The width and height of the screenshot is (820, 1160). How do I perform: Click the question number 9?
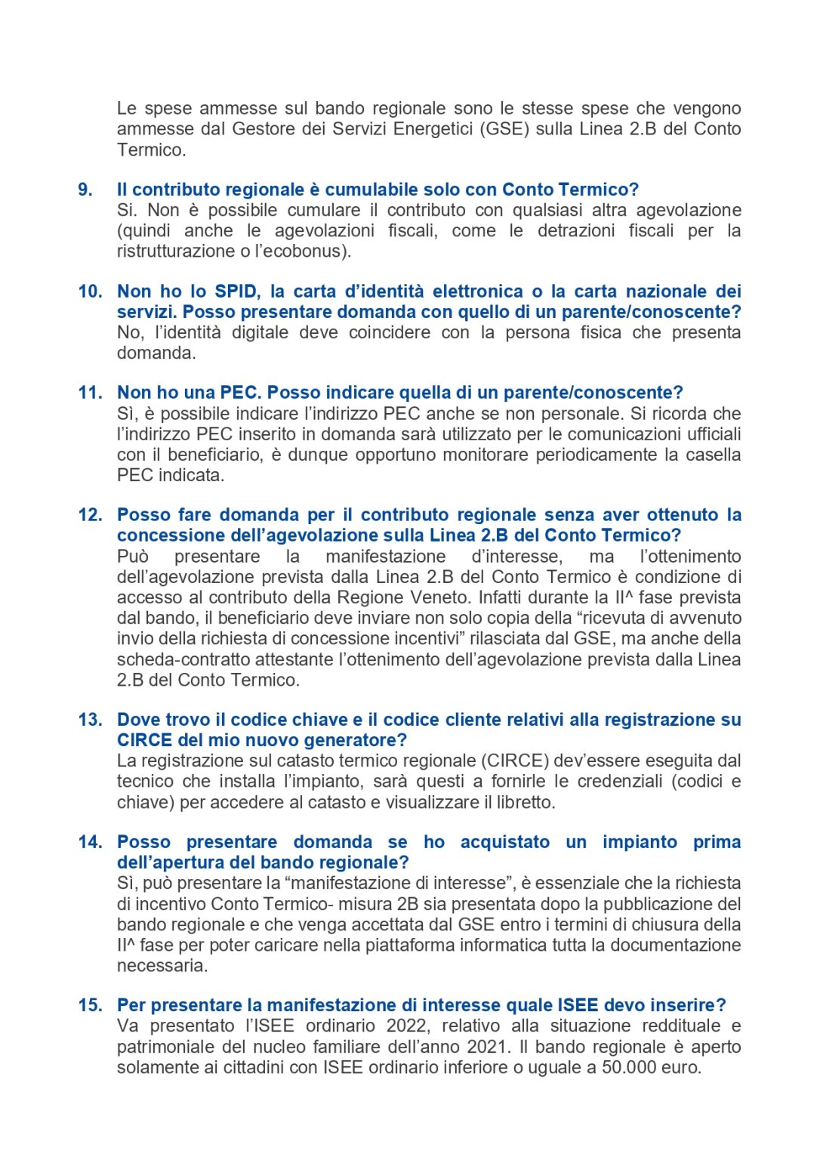click(85, 190)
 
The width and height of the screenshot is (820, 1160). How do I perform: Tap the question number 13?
click(90, 720)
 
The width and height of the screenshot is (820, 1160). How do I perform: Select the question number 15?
click(90, 1005)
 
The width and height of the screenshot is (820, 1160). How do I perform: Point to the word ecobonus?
click(313, 251)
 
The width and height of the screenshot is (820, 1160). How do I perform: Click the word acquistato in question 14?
click(505, 842)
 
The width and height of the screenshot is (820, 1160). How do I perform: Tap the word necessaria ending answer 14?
click(162, 966)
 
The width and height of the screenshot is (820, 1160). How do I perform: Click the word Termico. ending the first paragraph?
click(151, 150)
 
